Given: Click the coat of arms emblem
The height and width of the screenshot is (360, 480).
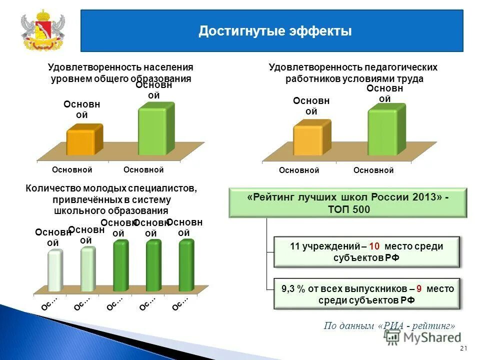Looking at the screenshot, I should point(42,31).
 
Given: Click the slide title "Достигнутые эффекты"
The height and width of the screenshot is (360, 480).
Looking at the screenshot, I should point(275,31).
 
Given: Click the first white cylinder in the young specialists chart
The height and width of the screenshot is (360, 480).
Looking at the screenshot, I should point(54,270).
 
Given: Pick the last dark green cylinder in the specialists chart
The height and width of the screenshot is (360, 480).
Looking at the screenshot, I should point(186,265).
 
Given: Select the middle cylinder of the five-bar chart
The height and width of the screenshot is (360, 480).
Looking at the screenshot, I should point(120,265).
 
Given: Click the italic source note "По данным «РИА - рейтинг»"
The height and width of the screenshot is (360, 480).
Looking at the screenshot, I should point(389,325).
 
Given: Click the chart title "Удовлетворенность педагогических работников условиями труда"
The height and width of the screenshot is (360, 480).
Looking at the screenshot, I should point(353,73).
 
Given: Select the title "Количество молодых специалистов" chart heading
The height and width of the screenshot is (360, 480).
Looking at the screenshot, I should point(111,189).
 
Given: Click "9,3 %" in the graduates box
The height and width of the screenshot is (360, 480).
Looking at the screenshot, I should point(293,288).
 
